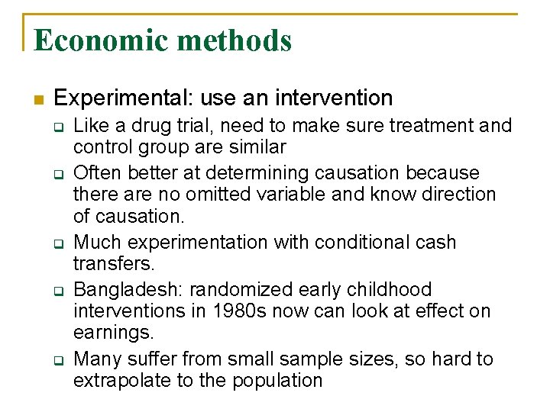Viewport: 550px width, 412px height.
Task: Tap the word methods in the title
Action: pyautogui.click(x=236, y=40)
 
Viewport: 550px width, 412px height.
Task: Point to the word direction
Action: pyautogui.click(x=457, y=195)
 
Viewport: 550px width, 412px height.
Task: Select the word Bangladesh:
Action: pyautogui.click(x=128, y=290)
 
